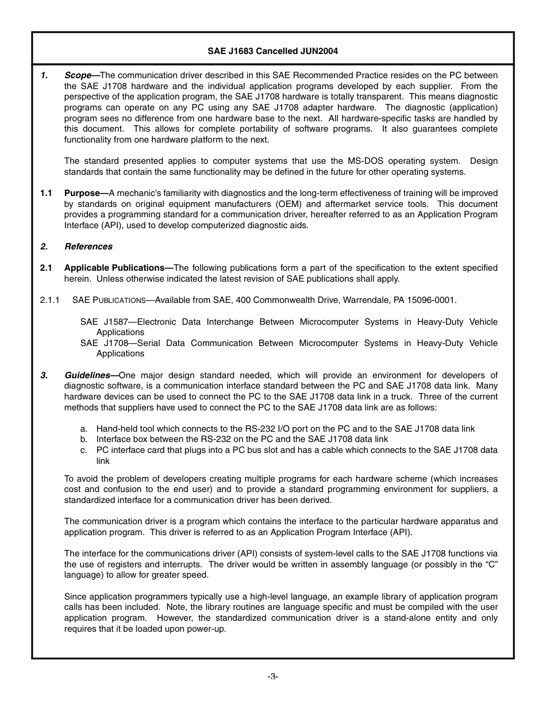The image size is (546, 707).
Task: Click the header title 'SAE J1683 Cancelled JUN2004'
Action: [x=272, y=51]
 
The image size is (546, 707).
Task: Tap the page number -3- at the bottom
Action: [x=272, y=677]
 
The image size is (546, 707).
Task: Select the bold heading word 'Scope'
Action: [x=78, y=75]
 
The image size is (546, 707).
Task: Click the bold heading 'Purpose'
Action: [x=83, y=193]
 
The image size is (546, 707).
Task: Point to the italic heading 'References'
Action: [x=89, y=247]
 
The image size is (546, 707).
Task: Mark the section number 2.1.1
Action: [x=50, y=300]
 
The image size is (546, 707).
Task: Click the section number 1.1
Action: [x=47, y=193]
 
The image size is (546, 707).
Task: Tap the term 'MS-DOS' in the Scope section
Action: [x=364, y=161]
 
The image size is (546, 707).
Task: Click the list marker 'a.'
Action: [x=84, y=429]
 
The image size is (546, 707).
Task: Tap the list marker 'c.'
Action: [x=84, y=450]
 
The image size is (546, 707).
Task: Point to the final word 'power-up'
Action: [x=205, y=629]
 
